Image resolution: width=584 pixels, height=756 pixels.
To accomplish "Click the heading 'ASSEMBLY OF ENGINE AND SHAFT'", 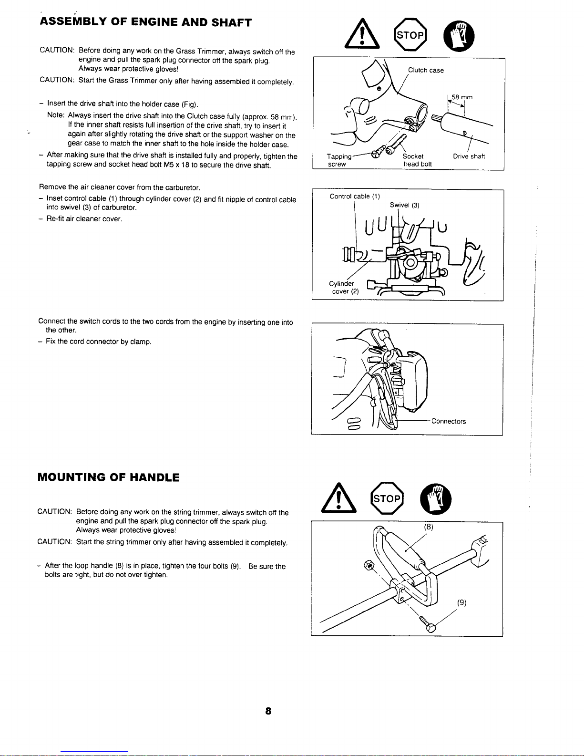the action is click(146, 22).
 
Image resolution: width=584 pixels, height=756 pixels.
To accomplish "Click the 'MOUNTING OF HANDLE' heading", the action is click(109, 477).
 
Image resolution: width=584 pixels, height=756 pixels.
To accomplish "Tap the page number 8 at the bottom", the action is click(268, 711).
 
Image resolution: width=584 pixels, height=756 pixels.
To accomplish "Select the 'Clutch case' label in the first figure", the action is click(426, 70).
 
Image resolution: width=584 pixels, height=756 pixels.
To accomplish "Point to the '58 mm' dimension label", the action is click(462, 97).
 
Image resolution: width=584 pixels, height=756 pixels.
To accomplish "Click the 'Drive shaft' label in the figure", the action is click(469, 156).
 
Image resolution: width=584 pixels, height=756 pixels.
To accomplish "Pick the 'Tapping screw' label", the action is click(339, 160).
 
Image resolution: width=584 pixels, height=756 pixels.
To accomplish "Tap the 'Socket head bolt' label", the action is click(417, 160).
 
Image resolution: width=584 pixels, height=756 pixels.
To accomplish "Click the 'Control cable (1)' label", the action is click(355, 196).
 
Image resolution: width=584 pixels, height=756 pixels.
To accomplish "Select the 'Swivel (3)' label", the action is click(405, 205).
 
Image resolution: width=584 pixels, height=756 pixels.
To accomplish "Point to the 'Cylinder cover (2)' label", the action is click(343, 287).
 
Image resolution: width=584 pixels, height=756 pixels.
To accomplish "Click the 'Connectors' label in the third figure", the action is click(449, 421).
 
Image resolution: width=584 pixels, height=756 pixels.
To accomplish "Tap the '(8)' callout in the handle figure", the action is click(429, 527).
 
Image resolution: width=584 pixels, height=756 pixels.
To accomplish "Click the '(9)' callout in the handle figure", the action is click(461, 602).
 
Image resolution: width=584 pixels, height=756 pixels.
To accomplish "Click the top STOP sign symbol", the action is click(410, 35).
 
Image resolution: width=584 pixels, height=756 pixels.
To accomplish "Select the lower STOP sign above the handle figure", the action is click(387, 498).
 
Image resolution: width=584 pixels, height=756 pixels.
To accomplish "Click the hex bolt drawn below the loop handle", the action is click(427, 625).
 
